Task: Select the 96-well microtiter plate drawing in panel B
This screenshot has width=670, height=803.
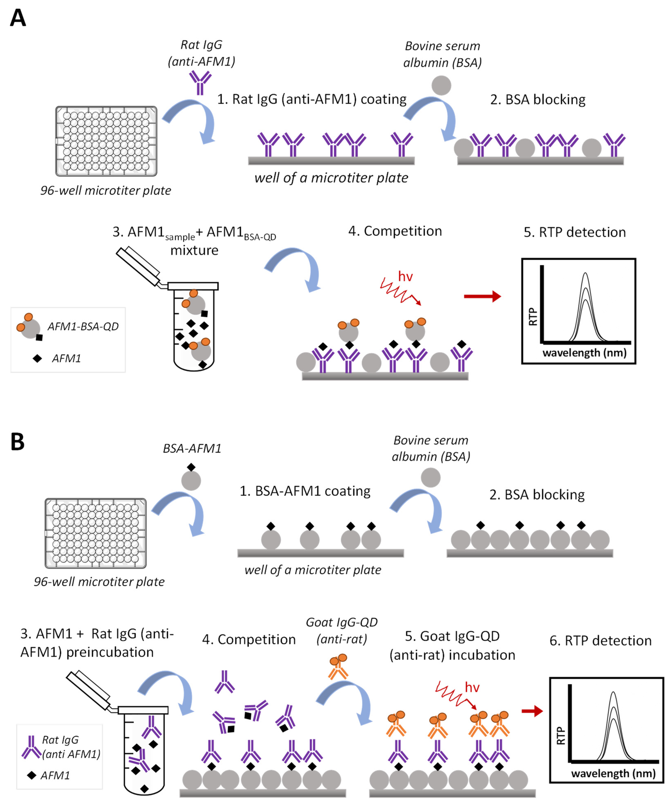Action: pyautogui.click(x=96, y=533)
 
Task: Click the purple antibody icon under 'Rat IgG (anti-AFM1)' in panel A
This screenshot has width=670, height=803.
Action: pyautogui.click(x=200, y=82)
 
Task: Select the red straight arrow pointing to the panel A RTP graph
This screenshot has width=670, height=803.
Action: pyautogui.click(x=482, y=296)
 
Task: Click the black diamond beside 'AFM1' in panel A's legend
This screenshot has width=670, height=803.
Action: pyautogui.click(x=37, y=358)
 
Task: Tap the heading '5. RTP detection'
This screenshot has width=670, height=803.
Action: pyautogui.click(x=574, y=232)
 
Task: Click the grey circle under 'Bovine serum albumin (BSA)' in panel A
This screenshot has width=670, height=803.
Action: pyautogui.click(x=441, y=85)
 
